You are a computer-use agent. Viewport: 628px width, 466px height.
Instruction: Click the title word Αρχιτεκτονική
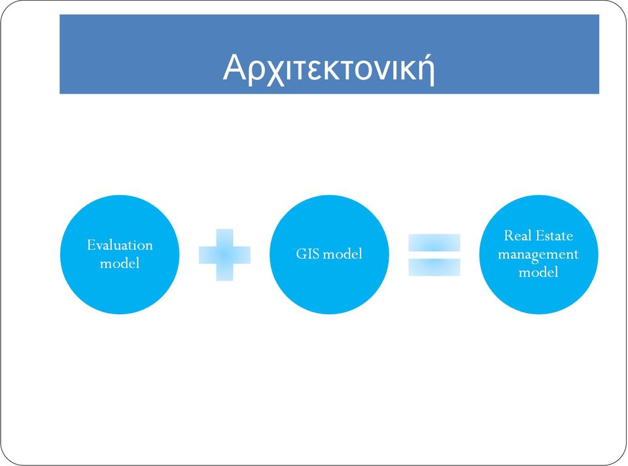(x=329, y=68)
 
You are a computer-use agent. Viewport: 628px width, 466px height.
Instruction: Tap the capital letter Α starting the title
(x=234, y=67)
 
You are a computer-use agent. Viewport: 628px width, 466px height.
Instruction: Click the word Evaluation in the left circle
(x=120, y=245)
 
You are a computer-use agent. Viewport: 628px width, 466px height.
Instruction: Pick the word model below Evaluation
(x=120, y=263)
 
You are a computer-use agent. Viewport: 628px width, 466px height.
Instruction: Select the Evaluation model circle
(x=120, y=255)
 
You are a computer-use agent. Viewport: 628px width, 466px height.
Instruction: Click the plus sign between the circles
(x=224, y=255)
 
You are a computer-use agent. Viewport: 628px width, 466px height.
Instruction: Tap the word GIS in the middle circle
(x=307, y=254)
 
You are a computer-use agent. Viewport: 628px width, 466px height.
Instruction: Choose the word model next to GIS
(x=342, y=254)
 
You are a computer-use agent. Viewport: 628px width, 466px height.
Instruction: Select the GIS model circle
(x=329, y=255)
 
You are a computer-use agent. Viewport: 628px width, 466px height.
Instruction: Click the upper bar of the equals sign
(x=434, y=243)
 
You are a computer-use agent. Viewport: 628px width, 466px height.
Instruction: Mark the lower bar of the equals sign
(x=434, y=267)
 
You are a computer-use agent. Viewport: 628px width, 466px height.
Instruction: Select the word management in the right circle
(x=538, y=255)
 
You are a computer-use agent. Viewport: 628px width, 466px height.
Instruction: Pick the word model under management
(x=538, y=272)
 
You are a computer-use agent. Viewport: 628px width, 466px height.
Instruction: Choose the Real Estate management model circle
(x=538, y=255)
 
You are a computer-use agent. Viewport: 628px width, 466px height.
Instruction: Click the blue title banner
(x=329, y=54)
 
